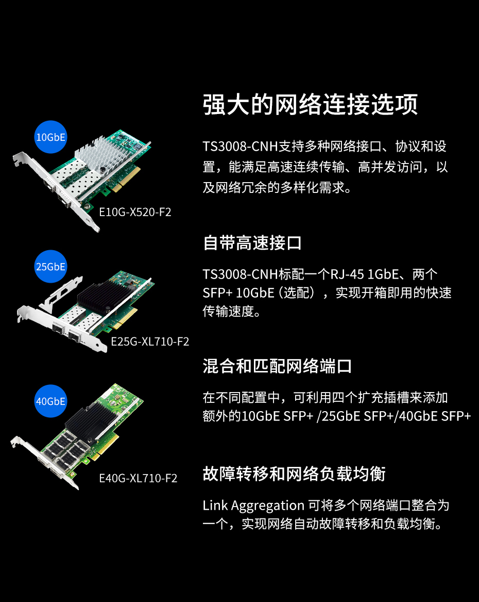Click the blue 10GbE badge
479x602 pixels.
[50, 137]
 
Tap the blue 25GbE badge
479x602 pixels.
[50, 267]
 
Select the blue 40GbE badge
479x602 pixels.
[50, 401]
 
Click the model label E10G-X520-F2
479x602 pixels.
[135, 212]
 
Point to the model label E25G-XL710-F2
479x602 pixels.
[150, 341]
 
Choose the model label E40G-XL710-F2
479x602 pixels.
[138, 478]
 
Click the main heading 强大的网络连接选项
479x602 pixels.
[310, 104]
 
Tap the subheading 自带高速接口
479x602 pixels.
[252, 243]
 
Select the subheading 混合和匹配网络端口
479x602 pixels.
[277, 366]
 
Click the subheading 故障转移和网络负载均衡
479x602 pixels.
[294, 474]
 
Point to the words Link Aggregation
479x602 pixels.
[253, 506]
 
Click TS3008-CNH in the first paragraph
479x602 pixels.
[240, 147]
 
